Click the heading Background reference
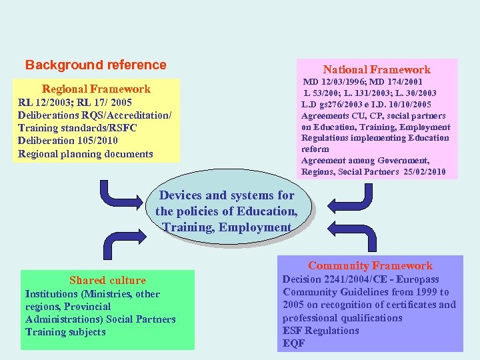tap(95, 65)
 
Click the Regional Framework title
tap(96, 89)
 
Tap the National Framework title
tap(377, 69)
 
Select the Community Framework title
tap(370, 265)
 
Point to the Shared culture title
tap(107, 280)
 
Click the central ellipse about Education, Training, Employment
tap(226, 211)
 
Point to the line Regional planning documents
tap(85, 154)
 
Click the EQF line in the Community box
tap(293, 343)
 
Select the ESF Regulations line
tap(321, 331)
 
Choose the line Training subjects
tap(65, 332)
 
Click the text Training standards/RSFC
tap(77, 128)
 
